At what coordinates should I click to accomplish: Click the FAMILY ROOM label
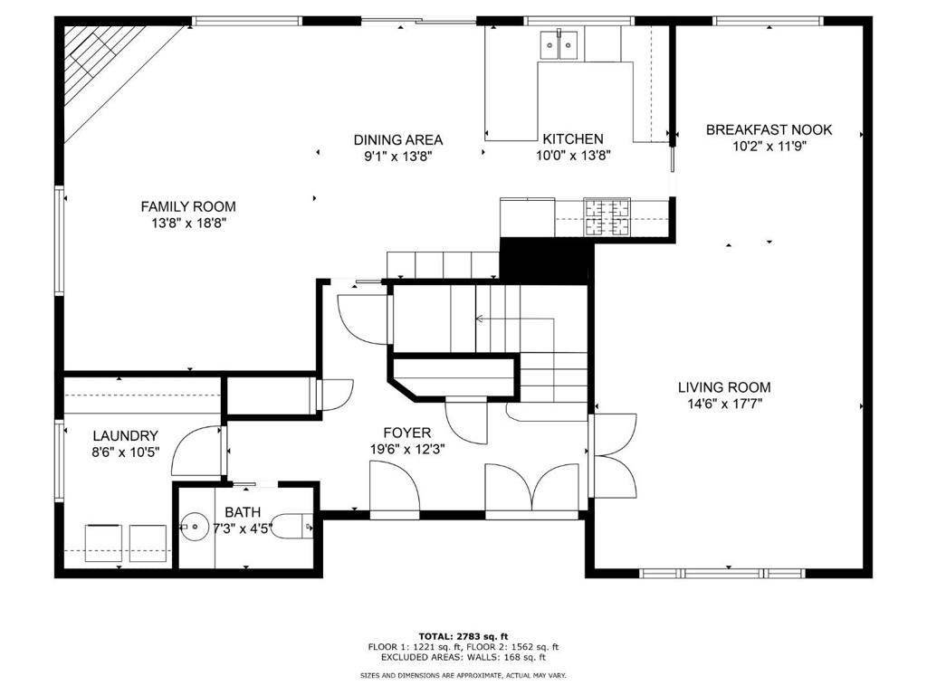coord(188,207)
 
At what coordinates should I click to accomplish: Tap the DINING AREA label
coord(398,140)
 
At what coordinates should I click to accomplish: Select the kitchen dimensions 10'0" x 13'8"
coord(573,156)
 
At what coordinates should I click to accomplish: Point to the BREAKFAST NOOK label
coord(769,129)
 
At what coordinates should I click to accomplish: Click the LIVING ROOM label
coord(724,387)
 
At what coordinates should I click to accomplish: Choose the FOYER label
coord(406,433)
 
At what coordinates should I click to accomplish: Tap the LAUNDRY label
coord(125,436)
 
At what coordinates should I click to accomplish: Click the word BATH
coord(243,512)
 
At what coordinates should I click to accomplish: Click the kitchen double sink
coord(559,45)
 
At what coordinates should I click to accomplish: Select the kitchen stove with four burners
coord(607,217)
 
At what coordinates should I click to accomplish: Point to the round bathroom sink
coord(195,526)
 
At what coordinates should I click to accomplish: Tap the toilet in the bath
coord(292,526)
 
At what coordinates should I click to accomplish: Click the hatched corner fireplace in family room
coord(103,65)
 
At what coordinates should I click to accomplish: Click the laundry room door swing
coord(196,449)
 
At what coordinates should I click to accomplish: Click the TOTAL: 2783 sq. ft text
coord(463,636)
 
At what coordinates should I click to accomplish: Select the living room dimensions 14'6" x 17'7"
coord(724,405)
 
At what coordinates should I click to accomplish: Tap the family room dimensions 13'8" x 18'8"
coord(189,224)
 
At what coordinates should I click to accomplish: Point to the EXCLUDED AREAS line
coord(463,657)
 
